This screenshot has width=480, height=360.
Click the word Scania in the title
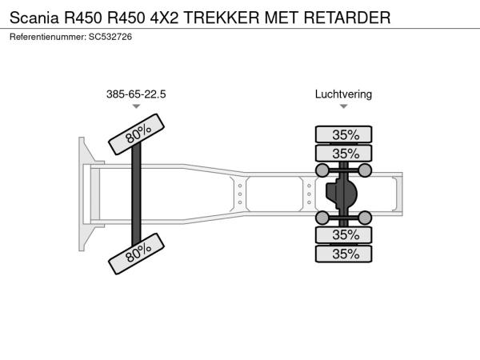click(34, 16)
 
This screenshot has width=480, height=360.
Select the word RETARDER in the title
click(350, 16)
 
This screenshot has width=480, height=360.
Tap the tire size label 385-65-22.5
click(136, 94)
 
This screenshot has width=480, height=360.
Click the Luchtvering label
click(343, 94)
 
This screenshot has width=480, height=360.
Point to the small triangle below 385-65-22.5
click(136, 106)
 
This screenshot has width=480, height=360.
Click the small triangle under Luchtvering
click(343, 106)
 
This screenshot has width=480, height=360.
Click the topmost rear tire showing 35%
click(344, 134)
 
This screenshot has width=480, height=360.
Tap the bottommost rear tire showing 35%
click(344, 254)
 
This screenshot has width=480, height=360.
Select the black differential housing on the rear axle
click(342, 194)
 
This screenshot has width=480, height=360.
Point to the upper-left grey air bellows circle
click(322, 170)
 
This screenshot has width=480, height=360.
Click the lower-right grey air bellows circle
click(365, 218)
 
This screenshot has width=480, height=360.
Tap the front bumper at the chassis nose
click(84, 194)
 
